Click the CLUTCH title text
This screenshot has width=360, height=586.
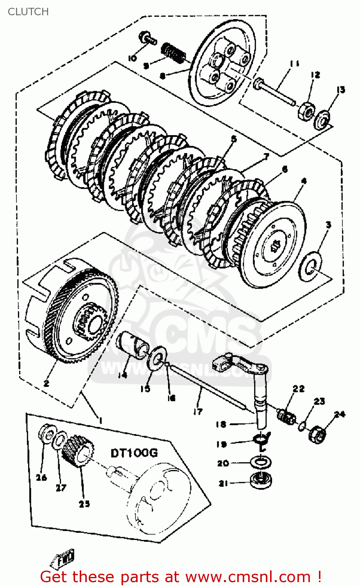pos(28,12)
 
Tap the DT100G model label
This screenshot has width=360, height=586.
pos(134,453)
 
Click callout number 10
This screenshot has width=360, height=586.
pos(132,58)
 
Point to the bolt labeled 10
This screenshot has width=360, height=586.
pos(146,38)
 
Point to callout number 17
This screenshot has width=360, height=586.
pos(198,411)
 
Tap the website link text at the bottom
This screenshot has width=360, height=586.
pos(181,577)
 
